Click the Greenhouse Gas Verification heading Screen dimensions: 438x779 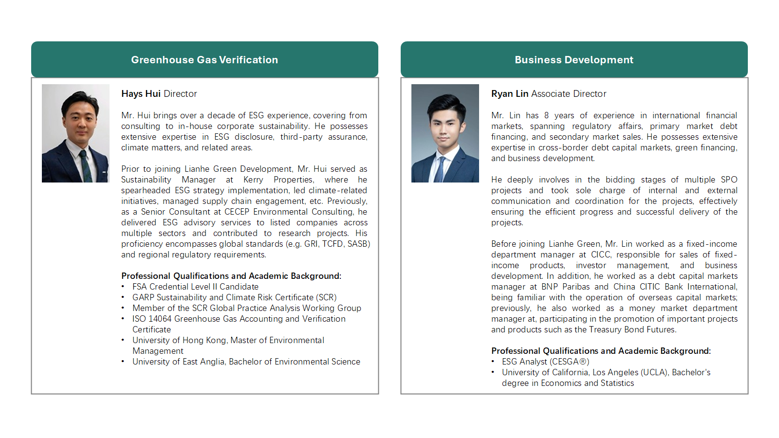tap(204, 60)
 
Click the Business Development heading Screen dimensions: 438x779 tap(574, 60)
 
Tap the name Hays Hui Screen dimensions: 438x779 tap(141, 93)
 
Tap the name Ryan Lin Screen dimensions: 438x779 tap(510, 93)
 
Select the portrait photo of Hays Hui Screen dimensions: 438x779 tap(75, 133)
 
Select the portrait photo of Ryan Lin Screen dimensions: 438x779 tap(445, 133)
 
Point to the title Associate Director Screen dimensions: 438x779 tap(569, 93)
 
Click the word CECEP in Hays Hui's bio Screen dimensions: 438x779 tap(237, 212)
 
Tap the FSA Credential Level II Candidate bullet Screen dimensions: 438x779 tap(195, 287)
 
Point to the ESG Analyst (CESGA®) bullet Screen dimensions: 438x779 tap(545, 362)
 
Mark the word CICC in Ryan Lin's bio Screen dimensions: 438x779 tap(600, 255)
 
